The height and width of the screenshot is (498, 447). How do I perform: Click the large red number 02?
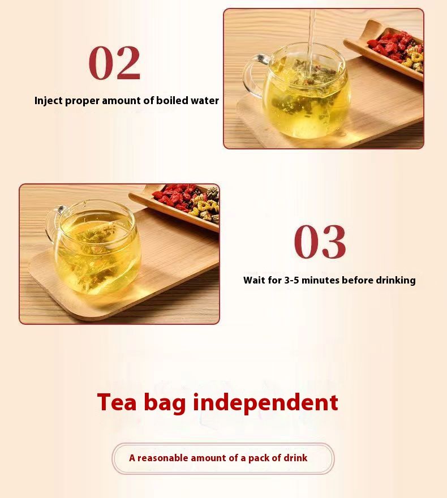114,63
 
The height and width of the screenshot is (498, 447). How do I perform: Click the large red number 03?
320,242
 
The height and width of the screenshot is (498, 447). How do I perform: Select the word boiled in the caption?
172,100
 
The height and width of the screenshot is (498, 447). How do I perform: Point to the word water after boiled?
205,101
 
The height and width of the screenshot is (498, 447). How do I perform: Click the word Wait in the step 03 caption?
253,280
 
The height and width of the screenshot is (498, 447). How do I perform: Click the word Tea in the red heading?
117,402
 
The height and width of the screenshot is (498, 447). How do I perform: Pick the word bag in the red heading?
165,403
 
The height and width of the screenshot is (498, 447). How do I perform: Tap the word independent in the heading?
265,402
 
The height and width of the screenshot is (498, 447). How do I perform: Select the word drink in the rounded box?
295,458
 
